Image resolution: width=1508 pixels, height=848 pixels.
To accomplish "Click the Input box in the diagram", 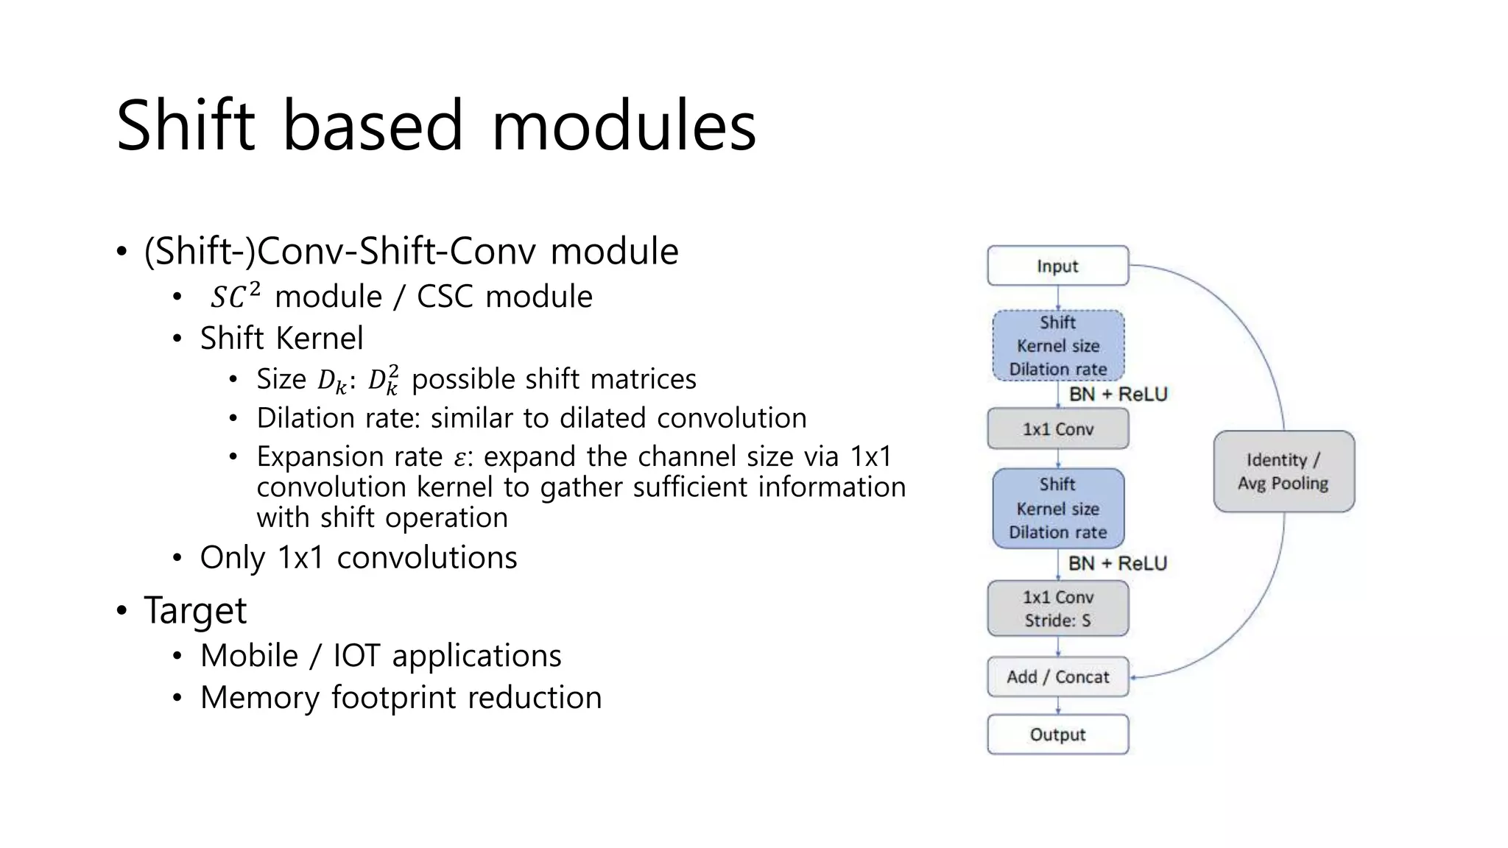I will click(1057, 266).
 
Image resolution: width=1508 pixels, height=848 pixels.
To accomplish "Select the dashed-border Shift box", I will click(1057, 345).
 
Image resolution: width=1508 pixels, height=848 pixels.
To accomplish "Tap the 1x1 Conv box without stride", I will click(1057, 428).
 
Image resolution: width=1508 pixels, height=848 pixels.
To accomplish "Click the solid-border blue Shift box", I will click(1057, 508).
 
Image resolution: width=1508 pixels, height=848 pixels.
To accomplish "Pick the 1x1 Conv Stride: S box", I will click(1057, 608).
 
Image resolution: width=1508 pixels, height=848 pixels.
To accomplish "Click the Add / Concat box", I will click(1057, 676).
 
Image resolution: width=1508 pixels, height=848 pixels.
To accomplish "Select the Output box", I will click(1057, 734).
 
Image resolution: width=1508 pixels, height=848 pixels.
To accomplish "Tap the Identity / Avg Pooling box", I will click(1283, 471).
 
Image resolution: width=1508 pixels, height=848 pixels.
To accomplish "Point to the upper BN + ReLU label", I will click(1118, 394).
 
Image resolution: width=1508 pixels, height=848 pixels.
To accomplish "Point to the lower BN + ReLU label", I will click(1118, 563).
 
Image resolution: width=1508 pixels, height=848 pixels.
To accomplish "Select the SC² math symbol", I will click(234, 296).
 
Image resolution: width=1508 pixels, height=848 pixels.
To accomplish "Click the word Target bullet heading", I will click(195, 610).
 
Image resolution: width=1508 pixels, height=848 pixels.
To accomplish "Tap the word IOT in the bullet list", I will click(356, 655).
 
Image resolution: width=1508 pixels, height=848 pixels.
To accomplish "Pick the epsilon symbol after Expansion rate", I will click(459, 458).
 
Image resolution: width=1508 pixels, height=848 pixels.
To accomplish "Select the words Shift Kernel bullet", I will click(281, 338).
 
